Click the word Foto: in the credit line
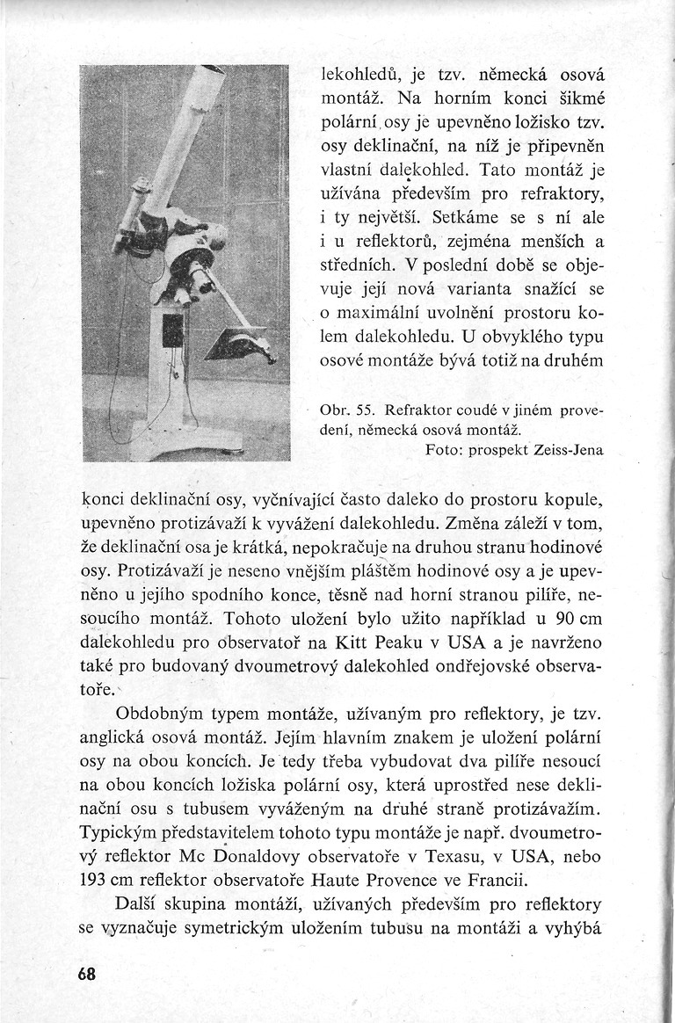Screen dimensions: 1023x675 (x=445, y=450)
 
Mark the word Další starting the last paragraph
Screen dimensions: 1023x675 (x=137, y=903)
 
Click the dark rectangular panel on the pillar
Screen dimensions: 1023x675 (x=173, y=330)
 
